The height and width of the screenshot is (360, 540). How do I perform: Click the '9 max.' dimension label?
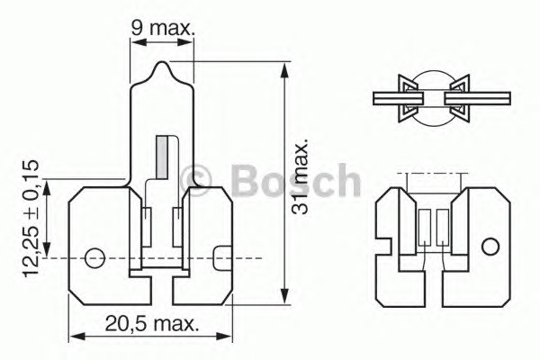pyautogui.click(x=163, y=29)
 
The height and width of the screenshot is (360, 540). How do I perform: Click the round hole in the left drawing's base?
pyautogui.click(x=94, y=258)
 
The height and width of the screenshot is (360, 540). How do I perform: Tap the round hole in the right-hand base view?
pyautogui.click(x=489, y=247)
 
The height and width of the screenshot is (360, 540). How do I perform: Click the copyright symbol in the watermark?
pyautogui.click(x=196, y=180)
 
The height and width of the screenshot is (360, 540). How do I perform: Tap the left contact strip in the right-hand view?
pyautogui.click(x=425, y=227)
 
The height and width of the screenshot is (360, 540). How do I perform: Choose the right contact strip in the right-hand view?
pyautogui.click(x=441, y=227)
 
